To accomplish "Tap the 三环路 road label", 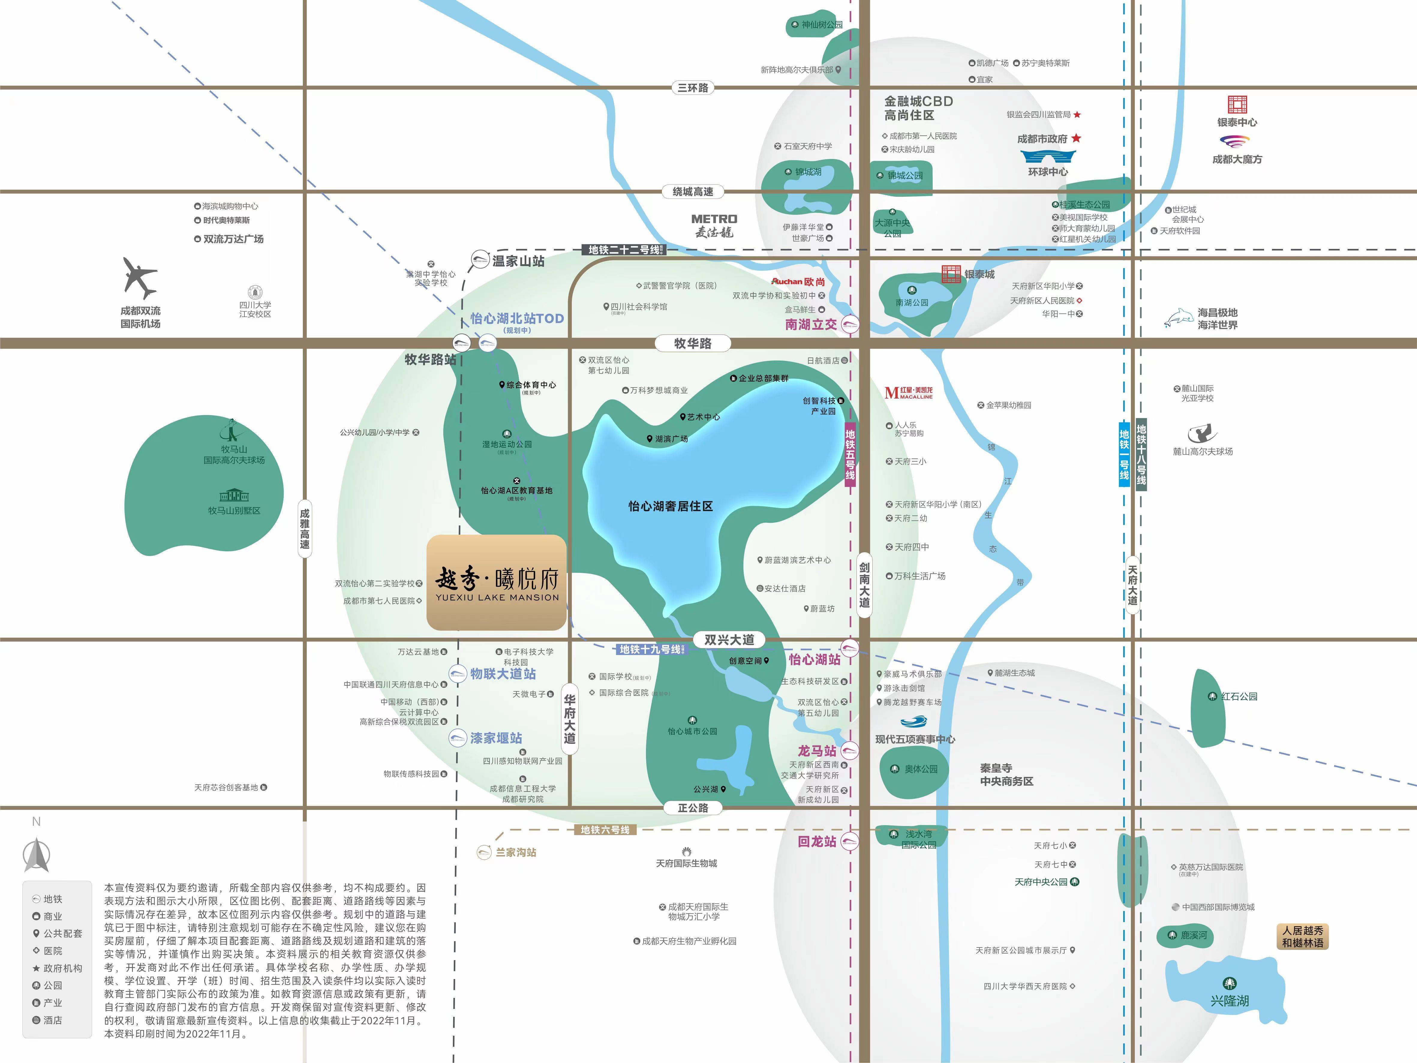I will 693,88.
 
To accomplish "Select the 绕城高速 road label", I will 693,192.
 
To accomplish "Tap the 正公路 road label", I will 693,808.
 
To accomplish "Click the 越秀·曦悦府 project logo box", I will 496,582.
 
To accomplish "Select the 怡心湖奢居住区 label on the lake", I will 670,506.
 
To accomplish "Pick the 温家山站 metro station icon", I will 480,260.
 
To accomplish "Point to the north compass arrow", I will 37,855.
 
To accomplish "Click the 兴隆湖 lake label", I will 1229,1000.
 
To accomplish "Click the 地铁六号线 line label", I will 605,830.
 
